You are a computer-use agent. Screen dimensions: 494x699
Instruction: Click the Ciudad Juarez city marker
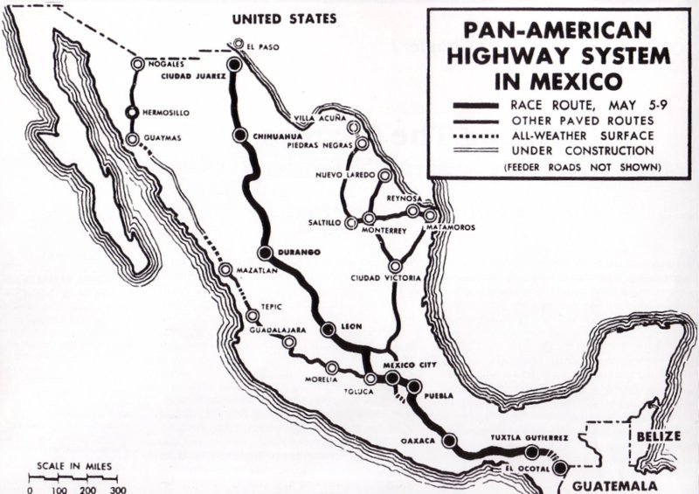[x=233, y=64]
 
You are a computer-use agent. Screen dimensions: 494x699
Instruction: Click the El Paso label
[x=263, y=46]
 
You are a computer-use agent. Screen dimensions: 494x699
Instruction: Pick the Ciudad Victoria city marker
[x=396, y=266]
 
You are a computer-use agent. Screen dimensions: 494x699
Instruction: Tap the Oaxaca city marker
[x=449, y=442]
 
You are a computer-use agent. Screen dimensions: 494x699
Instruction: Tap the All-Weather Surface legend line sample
[x=480, y=136]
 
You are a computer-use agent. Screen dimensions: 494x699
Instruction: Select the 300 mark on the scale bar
[x=118, y=489]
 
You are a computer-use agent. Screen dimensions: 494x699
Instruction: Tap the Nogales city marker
[x=137, y=64]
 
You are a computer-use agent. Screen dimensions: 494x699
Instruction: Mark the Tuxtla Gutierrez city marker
[x=531, y=451]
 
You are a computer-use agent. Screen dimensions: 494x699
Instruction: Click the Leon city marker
[x=329, y=330]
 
